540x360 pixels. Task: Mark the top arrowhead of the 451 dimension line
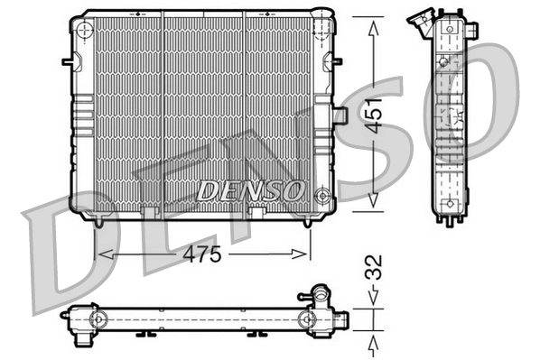coord(372,22)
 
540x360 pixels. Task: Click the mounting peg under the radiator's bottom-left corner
coord(97,221)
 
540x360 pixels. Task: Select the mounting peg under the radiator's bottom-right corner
coord(309,221)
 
